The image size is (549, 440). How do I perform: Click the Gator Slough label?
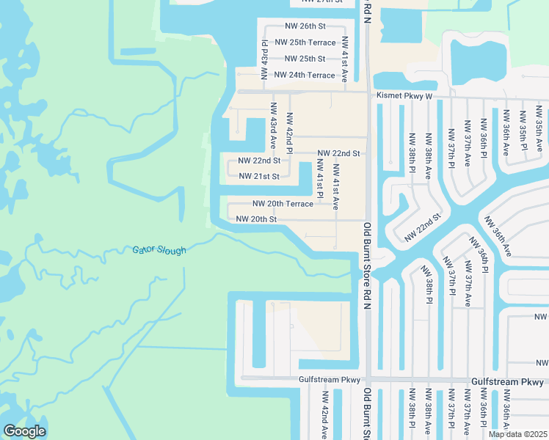click(x=159, y=251)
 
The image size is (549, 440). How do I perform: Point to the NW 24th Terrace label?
click(x=305, y=75)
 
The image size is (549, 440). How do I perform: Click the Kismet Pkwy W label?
click(x=404, y=96)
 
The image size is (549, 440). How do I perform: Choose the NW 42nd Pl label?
click(x=289, y=132)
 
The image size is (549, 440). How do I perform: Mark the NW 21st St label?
click(x=260, y=176)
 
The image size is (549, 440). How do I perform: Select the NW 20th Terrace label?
click(x=283, y=203)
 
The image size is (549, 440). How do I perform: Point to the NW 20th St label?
click(x=256, y=219)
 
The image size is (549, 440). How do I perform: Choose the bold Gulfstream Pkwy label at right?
click(x=508, y=382)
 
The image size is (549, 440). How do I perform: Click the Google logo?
click(x=24, y=431)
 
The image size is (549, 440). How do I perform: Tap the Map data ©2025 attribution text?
click(x=517, y=434)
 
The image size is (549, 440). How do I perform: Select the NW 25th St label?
click(x=305, y=59)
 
